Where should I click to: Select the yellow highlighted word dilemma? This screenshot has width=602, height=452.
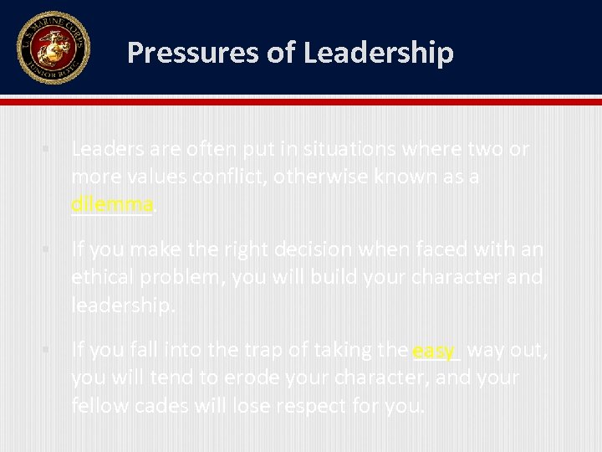point(112,203)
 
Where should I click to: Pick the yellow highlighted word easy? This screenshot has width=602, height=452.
point(433,351)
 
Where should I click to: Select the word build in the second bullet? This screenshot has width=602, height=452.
point(334,277)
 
